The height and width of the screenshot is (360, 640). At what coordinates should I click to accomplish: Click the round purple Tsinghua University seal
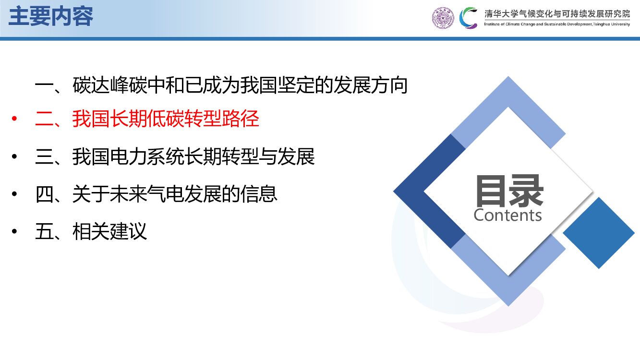[x=442, y=18]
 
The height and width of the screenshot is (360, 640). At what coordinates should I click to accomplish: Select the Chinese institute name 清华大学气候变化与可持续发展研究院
[x=557, y=13]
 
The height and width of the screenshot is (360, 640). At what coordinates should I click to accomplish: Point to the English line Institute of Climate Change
[x=557, y=24]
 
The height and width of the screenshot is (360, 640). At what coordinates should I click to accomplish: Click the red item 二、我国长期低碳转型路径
[x=147, y=119]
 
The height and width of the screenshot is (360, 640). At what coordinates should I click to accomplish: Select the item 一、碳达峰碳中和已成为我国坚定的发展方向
[x=221, y=86]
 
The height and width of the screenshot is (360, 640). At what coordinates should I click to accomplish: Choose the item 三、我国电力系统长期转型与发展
[x=175, y=157]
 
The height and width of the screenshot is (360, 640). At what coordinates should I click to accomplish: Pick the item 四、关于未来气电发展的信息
[x=157, y=194]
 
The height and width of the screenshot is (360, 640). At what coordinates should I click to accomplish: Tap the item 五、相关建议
[x=91, y=231]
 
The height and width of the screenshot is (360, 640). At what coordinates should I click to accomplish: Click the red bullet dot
[x=15, y=119]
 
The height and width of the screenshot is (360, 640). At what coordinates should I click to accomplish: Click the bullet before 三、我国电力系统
[x=15, y=157]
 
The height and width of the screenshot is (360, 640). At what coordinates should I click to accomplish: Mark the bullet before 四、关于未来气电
[x=15, y=194]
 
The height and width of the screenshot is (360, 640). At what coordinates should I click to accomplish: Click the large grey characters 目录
[x=509, y=191]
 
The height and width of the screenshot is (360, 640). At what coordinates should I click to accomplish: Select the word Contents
[x=507, y=215]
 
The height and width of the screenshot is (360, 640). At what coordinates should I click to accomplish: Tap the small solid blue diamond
[x=599, y=233]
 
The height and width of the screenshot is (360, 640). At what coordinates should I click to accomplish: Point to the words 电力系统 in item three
[x=147, y=157]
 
